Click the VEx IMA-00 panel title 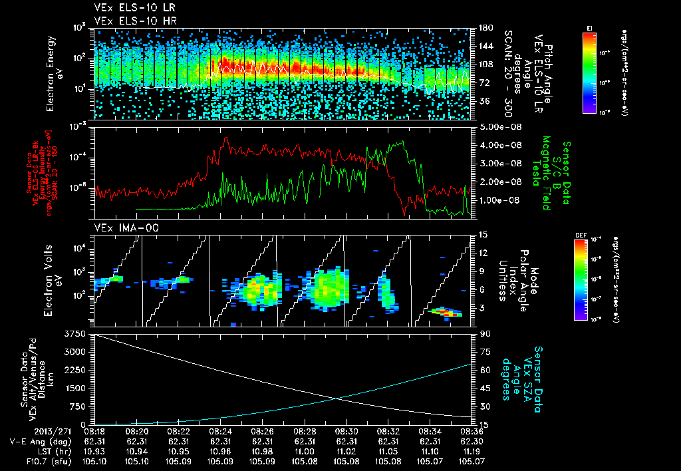coord(120,228)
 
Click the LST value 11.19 coord(472,450)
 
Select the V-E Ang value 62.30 coord(472,440)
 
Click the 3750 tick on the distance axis coord(76,333)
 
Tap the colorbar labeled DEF coord(589,279)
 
